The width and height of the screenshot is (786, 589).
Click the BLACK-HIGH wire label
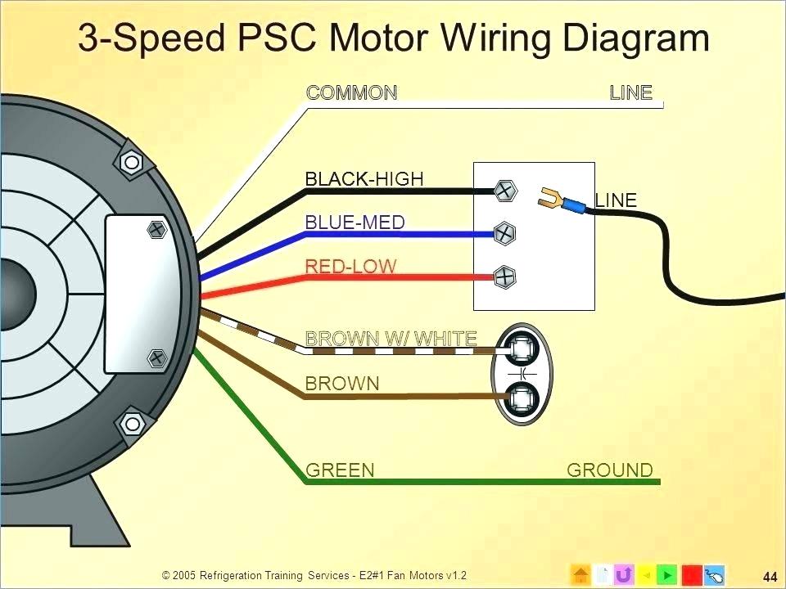click(364, 178)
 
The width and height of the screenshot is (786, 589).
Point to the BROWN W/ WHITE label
click(391, 338)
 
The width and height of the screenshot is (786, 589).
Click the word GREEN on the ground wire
click(340, 470)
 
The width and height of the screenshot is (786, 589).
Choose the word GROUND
click(610, 470)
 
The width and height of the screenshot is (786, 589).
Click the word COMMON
click(351, 92)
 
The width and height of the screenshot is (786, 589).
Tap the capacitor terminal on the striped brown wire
click(521, 349)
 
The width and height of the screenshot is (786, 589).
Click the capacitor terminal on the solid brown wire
click(521, 399)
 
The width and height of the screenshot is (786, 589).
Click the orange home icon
click(580, 574)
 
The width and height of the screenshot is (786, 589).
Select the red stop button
click(691, 574)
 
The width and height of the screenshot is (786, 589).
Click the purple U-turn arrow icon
click(624, 574)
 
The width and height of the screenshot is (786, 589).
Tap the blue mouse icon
click(714, 574)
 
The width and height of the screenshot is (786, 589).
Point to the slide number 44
click(769, 574)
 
